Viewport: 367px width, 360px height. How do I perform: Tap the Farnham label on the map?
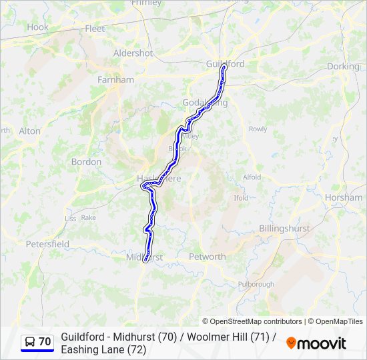pos(115,79)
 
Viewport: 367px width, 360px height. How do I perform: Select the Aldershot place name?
pos(133,53)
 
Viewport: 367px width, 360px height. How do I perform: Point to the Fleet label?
pos(95,29)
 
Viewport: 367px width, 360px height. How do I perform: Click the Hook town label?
pos(37,27)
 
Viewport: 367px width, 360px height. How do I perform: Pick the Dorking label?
pos(343,67)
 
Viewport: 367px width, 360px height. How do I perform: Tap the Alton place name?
pos(29,131)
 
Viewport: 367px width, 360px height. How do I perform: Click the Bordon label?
pos(86,162)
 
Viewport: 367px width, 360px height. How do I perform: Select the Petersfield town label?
pos(47,244)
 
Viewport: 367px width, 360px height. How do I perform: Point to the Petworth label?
pos(208,257)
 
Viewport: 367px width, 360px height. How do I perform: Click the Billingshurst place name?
pos(284,228)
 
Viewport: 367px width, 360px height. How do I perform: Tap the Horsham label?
pos(343,198)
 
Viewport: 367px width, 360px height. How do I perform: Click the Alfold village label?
pos(252,177)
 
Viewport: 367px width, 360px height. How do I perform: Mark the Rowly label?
pos(258,129)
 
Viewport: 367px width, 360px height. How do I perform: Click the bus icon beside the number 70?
pos(29,342)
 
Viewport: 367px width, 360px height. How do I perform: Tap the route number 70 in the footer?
pos(45,342)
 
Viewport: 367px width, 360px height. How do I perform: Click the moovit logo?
pos(316,343)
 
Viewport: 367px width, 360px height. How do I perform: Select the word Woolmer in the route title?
pos(205,337)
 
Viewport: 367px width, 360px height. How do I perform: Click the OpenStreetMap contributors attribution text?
pos(253,321)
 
